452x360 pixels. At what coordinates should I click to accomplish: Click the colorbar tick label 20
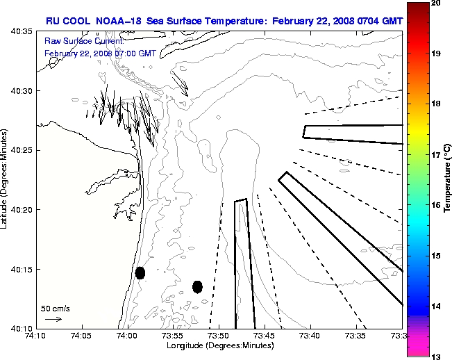(436, 3)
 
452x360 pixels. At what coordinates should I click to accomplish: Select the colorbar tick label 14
(436, 306)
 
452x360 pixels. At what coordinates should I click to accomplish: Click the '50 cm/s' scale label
(55, 307)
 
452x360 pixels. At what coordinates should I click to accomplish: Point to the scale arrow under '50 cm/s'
(53, 319)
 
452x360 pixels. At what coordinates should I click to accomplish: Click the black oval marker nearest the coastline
(140, 272)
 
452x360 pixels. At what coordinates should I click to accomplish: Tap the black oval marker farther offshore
(197, 286)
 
